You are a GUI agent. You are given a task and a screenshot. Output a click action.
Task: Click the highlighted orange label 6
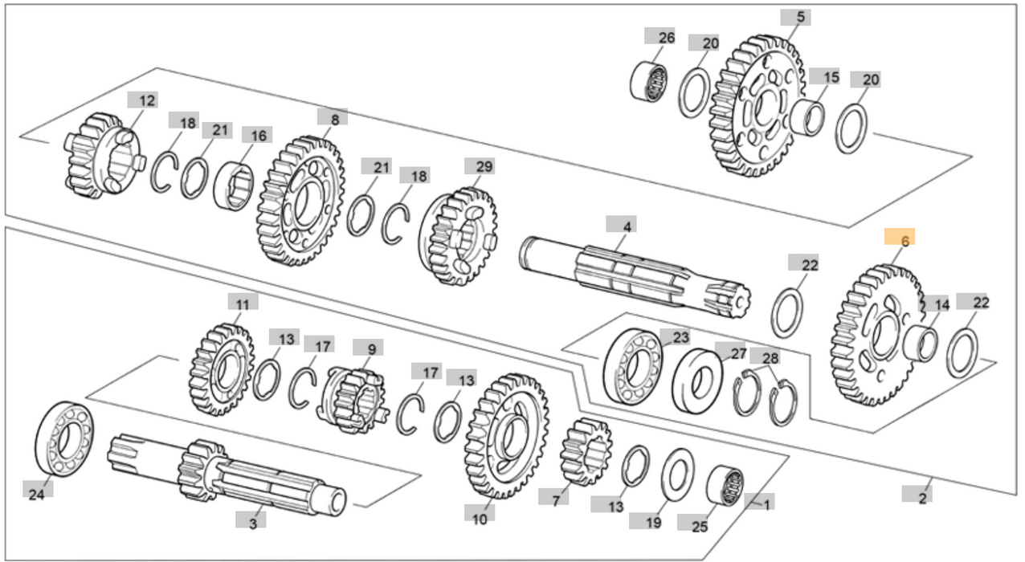tap(899, 240)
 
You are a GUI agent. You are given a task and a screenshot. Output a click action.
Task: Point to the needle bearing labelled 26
tap(651, 79)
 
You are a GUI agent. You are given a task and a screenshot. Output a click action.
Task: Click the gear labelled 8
tap(300, 200)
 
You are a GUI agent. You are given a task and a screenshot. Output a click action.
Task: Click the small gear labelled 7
tap(586, 450)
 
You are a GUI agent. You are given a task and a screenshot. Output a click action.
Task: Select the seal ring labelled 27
tap(696, 381)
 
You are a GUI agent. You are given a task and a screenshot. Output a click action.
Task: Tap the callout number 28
tap(770, 357)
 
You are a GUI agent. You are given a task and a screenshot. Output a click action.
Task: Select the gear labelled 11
tap(221, 370)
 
